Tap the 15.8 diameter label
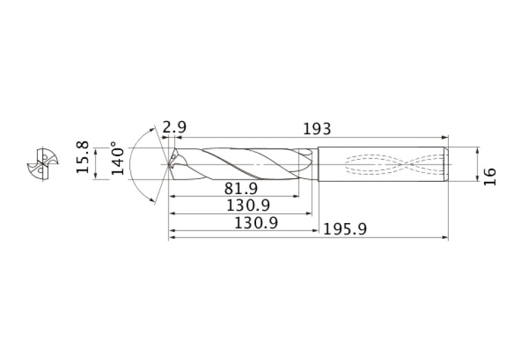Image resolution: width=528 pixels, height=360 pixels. [x=83, y=158]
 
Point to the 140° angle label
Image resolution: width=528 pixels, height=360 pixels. [x=118, y=159]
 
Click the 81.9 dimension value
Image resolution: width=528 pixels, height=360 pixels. [x=241, y=189]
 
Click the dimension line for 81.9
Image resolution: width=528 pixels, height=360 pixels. [x=234, y=197]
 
